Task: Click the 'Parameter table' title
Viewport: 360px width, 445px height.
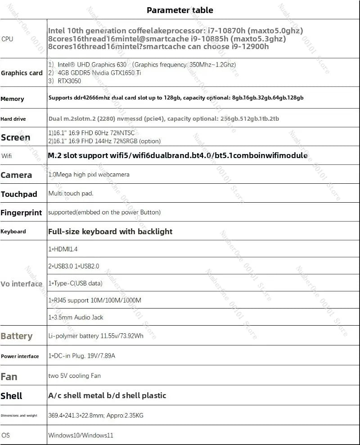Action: click(x=180, y=10)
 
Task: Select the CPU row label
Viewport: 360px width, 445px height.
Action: click(x=7, y=39)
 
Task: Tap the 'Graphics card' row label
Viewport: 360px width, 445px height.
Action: click(x=22, y=73)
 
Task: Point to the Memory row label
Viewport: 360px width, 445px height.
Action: click(x=12, y=99)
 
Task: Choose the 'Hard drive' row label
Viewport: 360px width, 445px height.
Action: click(x=13, y=119)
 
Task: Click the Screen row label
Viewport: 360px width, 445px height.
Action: click(x=16, y=137)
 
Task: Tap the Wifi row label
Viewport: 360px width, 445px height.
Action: click(x=7, y=156)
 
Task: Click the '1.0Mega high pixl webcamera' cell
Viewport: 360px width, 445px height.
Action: click(x=89, y=174)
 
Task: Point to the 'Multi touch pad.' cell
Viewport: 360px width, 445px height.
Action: click(x=71, y=194)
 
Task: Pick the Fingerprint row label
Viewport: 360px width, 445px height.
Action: click(x=21, y=213)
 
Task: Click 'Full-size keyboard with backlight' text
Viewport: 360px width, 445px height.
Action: click(x=110, y=232)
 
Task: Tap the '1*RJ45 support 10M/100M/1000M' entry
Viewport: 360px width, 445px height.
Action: click(x=94, y=300)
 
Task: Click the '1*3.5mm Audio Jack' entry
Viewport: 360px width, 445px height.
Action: click(x=76, y=317)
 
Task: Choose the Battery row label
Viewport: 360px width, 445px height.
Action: click(x=17, y=336)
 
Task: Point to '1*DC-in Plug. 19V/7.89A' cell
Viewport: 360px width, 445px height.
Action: click(x=81, y=356)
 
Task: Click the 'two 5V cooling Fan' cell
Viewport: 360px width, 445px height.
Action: click(x=74, y=376)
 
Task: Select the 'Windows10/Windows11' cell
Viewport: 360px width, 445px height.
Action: click(x=81, y=436)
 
